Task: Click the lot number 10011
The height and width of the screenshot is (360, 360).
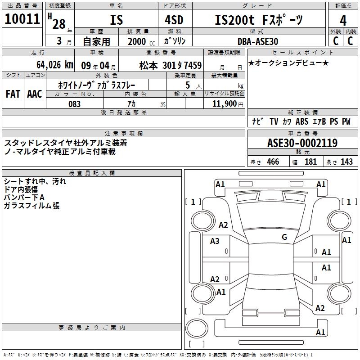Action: coord(22,19)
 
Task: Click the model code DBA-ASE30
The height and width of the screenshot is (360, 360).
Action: coord(258,41)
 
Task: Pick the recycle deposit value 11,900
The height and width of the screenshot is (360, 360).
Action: coord(224,103)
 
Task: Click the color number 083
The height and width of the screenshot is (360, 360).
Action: coord(75,104)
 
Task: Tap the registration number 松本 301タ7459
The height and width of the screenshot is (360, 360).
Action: coord(171,65)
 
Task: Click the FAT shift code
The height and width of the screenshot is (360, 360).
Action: coord(13,94)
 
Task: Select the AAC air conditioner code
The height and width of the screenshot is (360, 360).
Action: coord(35,94)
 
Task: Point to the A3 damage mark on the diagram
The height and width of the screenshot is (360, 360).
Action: coord(215,241)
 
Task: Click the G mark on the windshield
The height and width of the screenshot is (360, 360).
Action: coord(284,237)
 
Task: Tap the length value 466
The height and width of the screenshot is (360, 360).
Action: coord(273,162)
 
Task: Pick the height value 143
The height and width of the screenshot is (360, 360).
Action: coord(346,162)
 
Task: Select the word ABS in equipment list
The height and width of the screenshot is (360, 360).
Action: coord(302,121)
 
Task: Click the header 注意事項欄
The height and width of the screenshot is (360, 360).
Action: coord(124,134)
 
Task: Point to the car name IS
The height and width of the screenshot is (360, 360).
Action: coord(116,20)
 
